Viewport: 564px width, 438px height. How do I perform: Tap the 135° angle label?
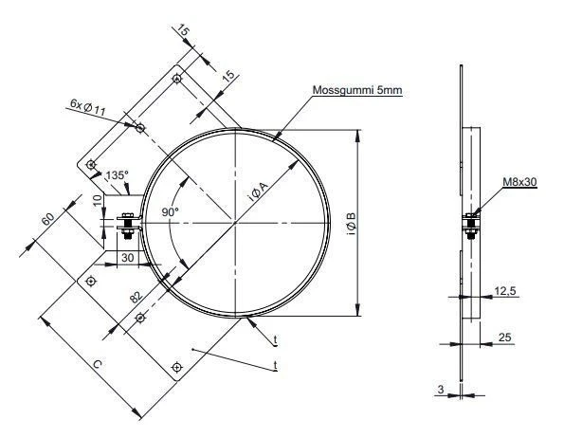(x=117, y=175)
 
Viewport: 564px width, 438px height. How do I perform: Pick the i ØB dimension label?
(x=351, y=225)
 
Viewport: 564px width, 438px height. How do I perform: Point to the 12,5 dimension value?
(x=503, y=292)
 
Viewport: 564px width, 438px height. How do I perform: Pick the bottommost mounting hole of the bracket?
(x=175, y=366)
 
